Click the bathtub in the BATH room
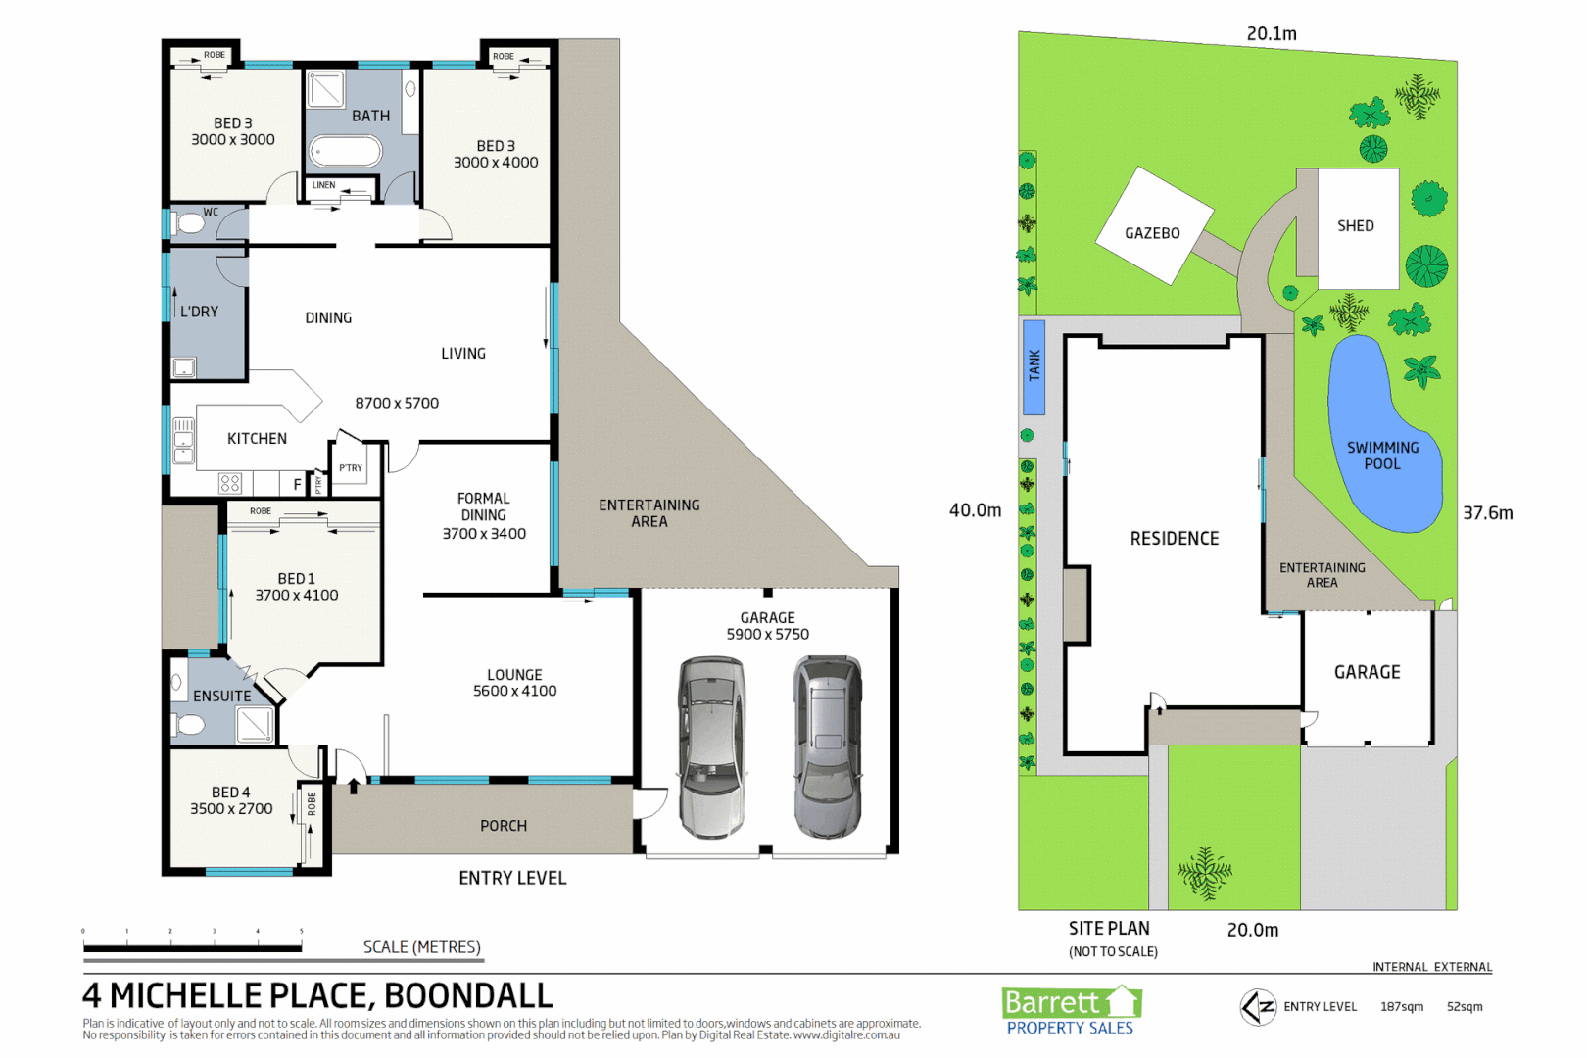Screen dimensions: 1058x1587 click(x=345, y=152)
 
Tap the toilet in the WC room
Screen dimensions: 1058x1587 click(x=188, y=224)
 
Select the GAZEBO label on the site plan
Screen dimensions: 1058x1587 click(x=1152, y=233)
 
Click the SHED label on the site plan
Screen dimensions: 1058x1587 click(x=1356, y=226)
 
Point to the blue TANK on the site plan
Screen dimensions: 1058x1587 click(x=1034, y=366)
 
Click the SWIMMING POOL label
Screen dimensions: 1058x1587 click(x=1382, y=456)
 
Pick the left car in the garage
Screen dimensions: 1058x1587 click(x=712, y=747)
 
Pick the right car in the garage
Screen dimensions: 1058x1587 click(x=829, y=747)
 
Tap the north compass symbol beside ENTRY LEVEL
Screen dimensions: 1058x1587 click(x=1258, y=1007)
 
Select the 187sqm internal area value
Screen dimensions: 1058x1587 click(x=1402, y=1007)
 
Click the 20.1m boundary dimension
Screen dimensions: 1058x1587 click(x=1272, y=34)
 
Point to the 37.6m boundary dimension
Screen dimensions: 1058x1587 click(x=1487, y=513)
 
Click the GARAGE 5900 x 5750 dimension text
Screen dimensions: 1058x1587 click(x=767, y=635)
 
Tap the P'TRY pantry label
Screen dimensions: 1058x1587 click(x=350, y=468)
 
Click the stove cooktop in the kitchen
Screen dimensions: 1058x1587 click(x=230, y=483)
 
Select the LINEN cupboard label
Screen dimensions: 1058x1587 click(x=323, y=185)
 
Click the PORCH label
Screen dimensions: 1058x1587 click(x=504, y=826)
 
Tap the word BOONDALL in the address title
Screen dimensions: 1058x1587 click(x=468, y=995)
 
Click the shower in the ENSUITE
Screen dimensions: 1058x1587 click(x=255, y=724)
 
